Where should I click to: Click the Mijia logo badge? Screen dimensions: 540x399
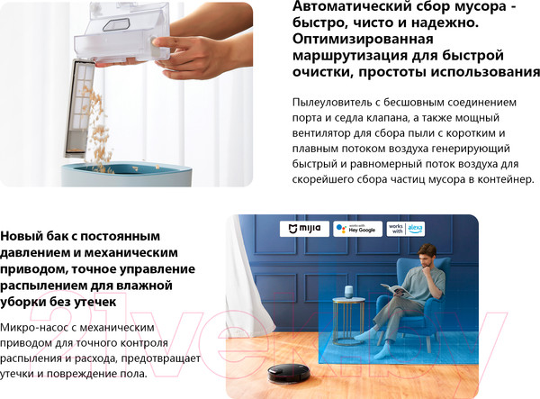tap(304, 229)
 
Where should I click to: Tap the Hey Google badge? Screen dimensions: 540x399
tap(357, 229)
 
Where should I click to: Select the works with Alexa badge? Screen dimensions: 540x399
tap(406, 229)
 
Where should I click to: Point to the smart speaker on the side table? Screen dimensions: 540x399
tap(350, 292)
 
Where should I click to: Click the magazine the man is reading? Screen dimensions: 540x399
tap(396, 289)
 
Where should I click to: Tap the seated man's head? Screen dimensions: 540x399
tap(427, 256)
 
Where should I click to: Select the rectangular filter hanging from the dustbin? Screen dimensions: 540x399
tap(80, 109)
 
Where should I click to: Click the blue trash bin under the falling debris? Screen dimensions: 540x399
tap(126, 175)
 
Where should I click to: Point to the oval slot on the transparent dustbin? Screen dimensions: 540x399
tap(117, 25)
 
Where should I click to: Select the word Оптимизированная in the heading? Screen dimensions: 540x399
tap(363, 39)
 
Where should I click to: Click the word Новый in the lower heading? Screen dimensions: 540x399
tap(21, 236)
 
